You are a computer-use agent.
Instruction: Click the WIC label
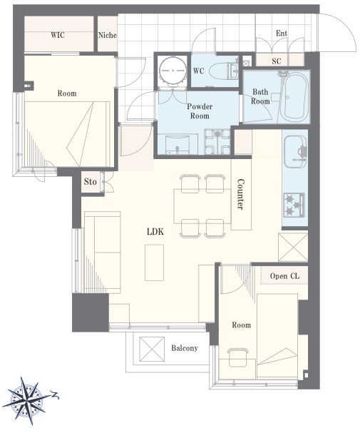[58, 35]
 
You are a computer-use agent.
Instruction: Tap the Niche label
[108, 35]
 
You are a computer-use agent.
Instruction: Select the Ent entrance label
[282, 34]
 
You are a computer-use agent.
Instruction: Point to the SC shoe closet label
[277, 61]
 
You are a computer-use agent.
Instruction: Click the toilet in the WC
[224, 71]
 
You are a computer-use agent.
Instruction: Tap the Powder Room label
[200, 111]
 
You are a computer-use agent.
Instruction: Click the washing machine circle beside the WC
[173, 71]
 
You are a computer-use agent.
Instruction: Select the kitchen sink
[295, 151]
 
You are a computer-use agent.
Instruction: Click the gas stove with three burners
[294, 205]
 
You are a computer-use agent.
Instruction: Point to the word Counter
[240, 195]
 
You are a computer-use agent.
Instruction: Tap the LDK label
[155, 231]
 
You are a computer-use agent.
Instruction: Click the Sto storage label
[91, 182]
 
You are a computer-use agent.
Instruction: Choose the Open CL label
[284, 276]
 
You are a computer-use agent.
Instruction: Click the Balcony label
[185, 348]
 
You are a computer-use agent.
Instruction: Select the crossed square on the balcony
[152, 349]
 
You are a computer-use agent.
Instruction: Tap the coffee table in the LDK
[155, 263]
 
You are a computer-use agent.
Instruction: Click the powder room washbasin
[177, 144]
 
